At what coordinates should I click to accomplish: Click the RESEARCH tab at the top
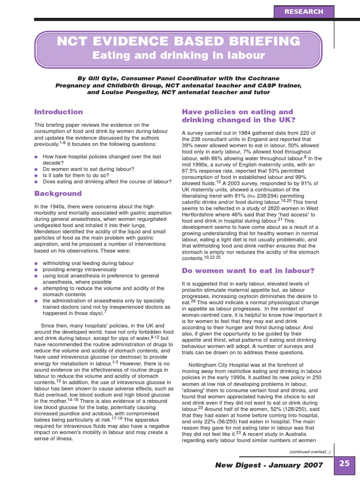307,11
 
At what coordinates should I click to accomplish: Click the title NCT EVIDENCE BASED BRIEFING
178,42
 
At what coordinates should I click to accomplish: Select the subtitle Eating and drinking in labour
178,56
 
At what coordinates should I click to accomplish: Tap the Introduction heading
58,112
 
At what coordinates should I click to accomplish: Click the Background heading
58,194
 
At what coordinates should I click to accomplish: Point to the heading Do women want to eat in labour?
247,270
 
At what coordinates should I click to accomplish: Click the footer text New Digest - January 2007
269,465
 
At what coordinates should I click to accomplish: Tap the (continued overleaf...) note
309,451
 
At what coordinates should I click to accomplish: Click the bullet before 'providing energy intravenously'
36,270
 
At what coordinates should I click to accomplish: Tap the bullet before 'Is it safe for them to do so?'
36,175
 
